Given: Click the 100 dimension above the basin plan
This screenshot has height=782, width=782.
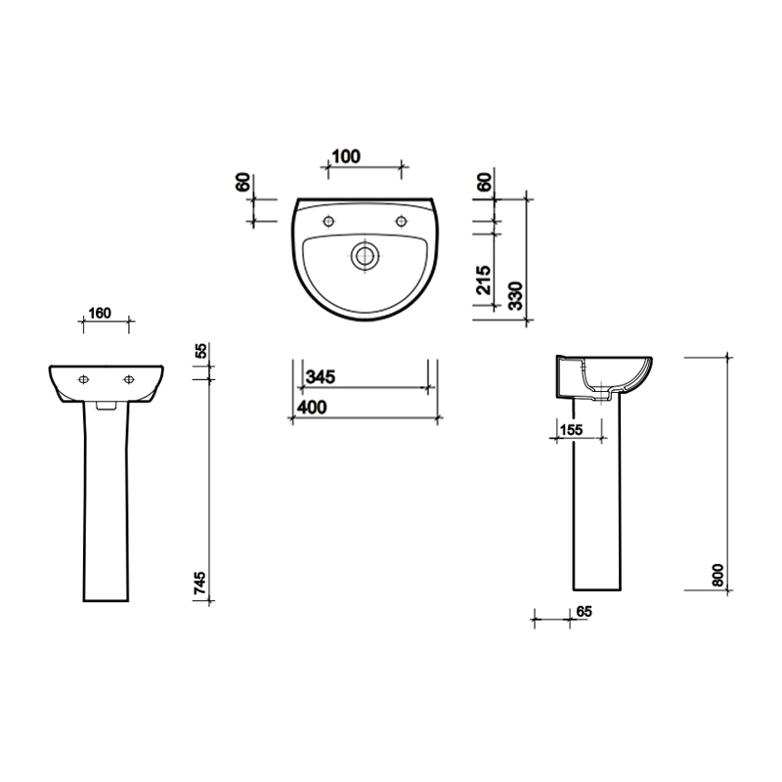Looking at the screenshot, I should point(346,156).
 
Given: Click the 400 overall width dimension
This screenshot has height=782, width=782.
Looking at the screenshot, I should point(312,407).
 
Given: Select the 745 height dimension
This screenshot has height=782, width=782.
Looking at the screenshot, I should point(200,585).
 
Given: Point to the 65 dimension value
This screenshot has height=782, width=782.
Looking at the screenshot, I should point(585,611).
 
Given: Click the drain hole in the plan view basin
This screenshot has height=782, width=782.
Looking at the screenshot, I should point(365,256).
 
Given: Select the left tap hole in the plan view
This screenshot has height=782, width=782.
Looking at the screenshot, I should point(328,220).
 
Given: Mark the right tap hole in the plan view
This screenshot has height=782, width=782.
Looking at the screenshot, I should point(401,220).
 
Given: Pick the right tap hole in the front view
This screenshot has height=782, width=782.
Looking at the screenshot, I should point(128,378).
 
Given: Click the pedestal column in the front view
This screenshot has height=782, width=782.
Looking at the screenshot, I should point(107,508).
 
